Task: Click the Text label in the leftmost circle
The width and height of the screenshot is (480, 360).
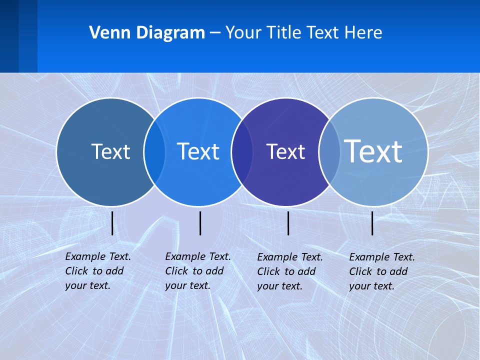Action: click(110, 151)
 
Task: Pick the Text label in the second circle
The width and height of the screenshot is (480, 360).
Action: click(198, 151)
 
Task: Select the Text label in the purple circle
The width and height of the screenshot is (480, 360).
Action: click(285, 151)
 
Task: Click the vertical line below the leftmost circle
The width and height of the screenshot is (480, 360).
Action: click(112, 223)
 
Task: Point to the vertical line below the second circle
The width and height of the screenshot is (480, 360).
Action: click(200, 223)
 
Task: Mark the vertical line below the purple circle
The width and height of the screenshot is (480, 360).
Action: click(288, 223)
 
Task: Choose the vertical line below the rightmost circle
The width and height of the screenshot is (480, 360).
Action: click(372, 223)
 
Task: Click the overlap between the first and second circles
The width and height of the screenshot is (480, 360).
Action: click(154, 152)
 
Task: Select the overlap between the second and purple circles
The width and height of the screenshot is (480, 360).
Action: click(242, 152)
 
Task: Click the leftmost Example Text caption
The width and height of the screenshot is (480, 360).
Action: click(97, 271)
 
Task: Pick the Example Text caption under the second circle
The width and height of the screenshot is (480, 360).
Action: click(197, 271)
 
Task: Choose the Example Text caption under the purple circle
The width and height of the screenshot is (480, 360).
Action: click(289, 271)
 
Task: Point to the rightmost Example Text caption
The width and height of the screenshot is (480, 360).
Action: click(381, 271)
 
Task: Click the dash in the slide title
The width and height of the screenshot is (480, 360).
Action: click(215, 33)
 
